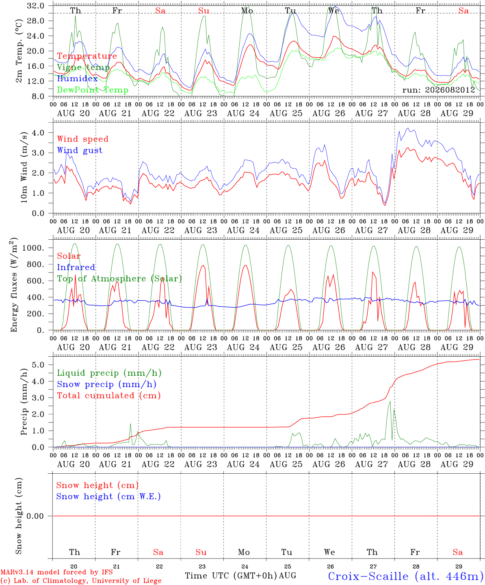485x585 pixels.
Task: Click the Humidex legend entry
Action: pyautogui.click(x=77, y=78)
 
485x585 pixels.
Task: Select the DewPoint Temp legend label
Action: pyautogui.click(x=93, y=90)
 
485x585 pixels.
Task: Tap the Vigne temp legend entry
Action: pyautogui.click(x=83, y=67)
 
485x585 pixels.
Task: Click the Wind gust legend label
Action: pyautogui.click(x=80, y=150)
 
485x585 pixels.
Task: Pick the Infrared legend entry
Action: pyautogui.click(x=76, y=267)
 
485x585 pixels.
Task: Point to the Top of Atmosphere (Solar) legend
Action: pyautogui.click(x=120, y=279)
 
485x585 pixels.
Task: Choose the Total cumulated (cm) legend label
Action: pyautogui.click(x=109, y=396)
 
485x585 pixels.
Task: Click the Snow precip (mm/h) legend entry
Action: pyautogui.click(x=106, y=384)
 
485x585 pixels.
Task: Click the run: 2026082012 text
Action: pyautogui.click(x=438, y=90)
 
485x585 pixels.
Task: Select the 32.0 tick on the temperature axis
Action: pyautogui.click(x=36, y=6)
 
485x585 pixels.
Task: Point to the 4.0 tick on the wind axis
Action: pyautogui.click(x=38, y=132)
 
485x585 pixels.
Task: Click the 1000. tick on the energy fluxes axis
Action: pyautogui.click(x=33, y=248)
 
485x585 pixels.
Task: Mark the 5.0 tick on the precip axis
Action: pyautogui.click(x=38, y=365)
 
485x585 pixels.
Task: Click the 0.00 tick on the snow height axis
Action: pyautogui.click(x=35, y=516)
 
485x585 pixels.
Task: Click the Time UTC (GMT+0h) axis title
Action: pyautogui.click(x=231, y=576)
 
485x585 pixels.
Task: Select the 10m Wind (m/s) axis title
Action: pyautogui.click(x=24, y=167)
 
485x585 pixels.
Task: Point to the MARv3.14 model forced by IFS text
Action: pyautogui.click(x=56, y=572)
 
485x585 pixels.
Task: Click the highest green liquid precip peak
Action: pyautogui.click(x=390, y=402)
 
